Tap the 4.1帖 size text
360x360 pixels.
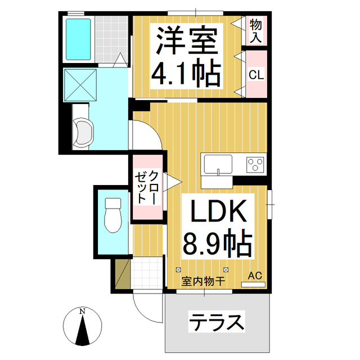tap(187, 73)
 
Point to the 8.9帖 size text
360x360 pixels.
tap(217, 245)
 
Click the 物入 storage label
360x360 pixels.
tap(256, 30)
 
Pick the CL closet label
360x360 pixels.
tap(256, 74)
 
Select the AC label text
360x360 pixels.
tap(255, 276)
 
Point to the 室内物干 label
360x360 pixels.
tap(203, 280)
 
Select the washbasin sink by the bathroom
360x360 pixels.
tap(82, 133)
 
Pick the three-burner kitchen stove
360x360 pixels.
tap(255, 165)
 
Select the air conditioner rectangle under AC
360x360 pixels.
tap(253, 285)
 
